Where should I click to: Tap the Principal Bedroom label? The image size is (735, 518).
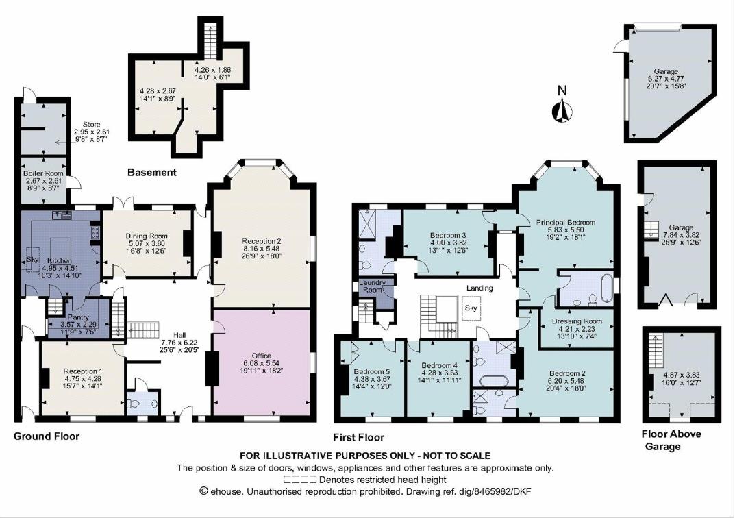click(566, 223)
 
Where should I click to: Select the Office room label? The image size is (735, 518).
click(261, 355)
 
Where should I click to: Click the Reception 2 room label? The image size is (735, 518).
click(261, 241)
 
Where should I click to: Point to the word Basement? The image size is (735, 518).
click(152, 173)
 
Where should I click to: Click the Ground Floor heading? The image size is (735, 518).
click(47, 436)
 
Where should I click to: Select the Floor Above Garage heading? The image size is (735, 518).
click(671, 440)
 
